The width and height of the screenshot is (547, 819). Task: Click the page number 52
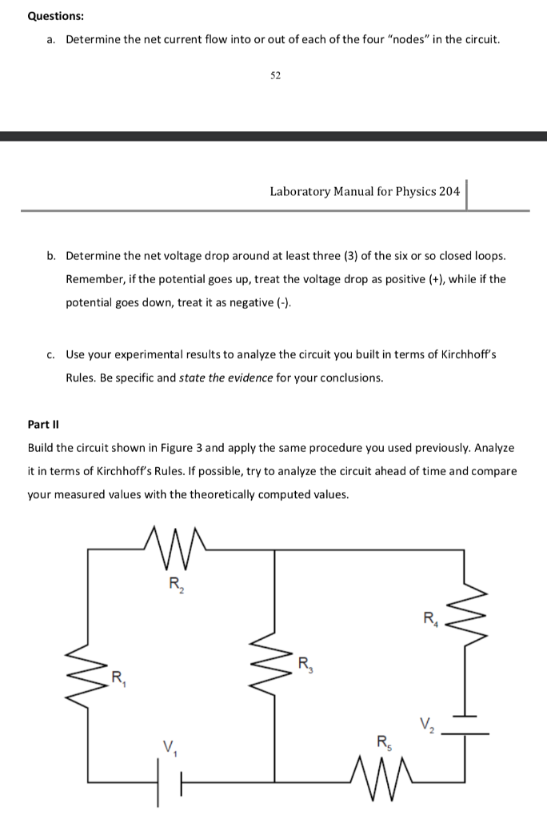pyautogui.click(x=275, y=75)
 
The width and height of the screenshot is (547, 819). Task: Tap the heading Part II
pyautogui.click(x=44, y=424)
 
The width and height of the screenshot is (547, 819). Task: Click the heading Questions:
pyautogui.click(x=55, y=16)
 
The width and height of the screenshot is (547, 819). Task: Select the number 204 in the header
pyautogui.click(x=449, y=191)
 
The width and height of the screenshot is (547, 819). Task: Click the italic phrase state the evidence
pyautogui.click(x=226, y=378)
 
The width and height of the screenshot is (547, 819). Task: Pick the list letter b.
pyautogui.click(x=51, y=256)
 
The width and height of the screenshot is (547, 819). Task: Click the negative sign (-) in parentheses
pyautogui.click(x=284, y=304)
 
